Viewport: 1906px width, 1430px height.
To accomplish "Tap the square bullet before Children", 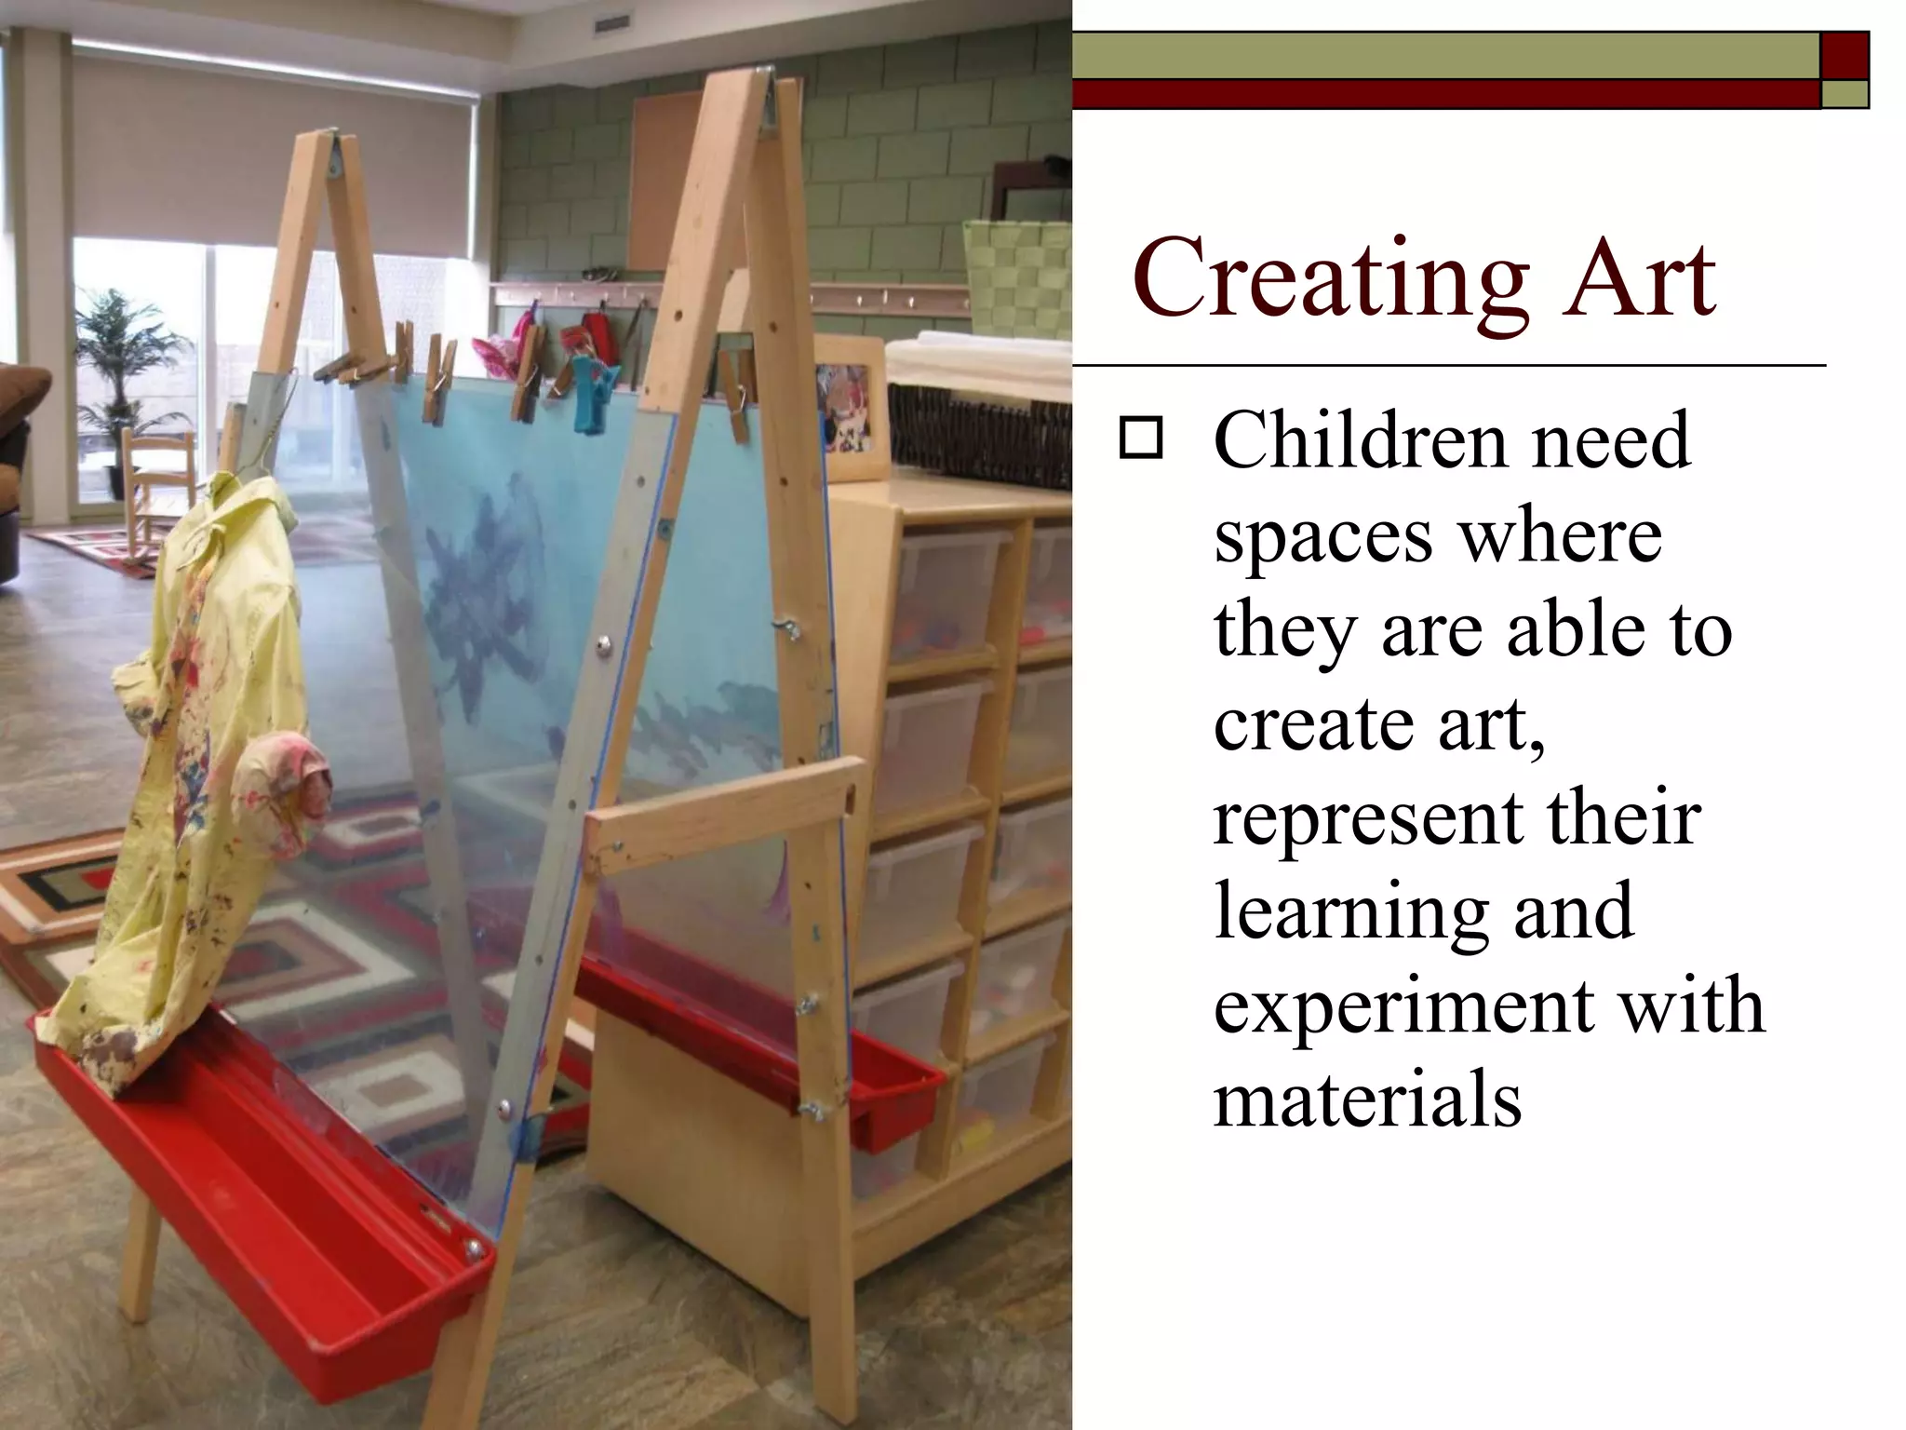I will point(1141,438).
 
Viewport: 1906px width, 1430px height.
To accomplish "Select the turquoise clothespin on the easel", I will point(591,396).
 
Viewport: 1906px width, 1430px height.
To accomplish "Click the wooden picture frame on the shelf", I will point(849,408).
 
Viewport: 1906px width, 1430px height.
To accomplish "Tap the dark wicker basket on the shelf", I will point(977,433).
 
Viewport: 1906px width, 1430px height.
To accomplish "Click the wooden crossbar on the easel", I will point(726,810).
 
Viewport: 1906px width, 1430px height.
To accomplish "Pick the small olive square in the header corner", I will point(1844,94).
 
